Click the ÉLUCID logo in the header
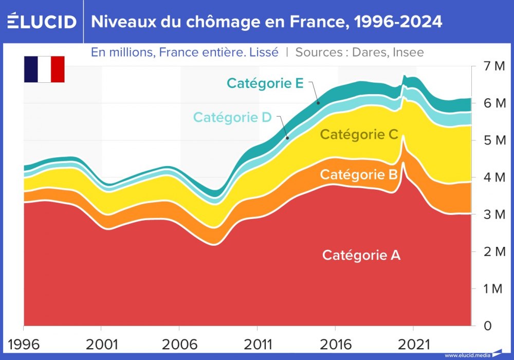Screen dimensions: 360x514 (x=42, y=22)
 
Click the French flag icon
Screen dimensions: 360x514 (x=44, y=69)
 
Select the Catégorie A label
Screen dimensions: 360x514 (x=361, y=255)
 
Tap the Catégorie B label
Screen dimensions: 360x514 (x=359, y=174)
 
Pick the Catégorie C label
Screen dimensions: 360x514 (x=359, y=135)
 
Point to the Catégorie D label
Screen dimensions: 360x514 (x=232, y=117)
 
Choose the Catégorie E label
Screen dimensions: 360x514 (x=265, y=83)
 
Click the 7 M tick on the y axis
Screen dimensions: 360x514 (x=495, y=66)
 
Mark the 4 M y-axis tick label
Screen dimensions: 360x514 (x=495, y=177)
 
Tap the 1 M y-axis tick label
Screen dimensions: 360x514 (x=494, y=289)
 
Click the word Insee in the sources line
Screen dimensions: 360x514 (x=408, y=52)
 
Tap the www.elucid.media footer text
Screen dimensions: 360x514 (x=467, y=355)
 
